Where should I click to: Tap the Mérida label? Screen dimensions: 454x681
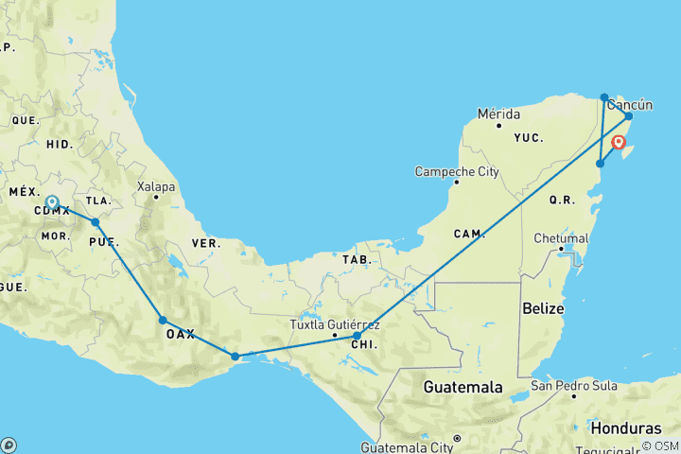(498, 113)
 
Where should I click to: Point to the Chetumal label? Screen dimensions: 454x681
(561, 238)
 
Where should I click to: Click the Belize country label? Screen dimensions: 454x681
(543, 308)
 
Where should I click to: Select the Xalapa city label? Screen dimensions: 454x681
(156, 186)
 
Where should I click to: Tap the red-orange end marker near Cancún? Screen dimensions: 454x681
(619, 143)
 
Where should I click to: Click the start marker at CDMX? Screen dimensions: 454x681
(52, 202)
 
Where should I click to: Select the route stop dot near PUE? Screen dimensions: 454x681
(95, 222)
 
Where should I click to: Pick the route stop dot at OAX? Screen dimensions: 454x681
(163, 320)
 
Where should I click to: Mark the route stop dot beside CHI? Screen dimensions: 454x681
(357, 336)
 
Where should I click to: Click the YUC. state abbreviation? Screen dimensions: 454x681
(528, 137)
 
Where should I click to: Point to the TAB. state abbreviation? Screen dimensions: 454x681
(357, 258)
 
